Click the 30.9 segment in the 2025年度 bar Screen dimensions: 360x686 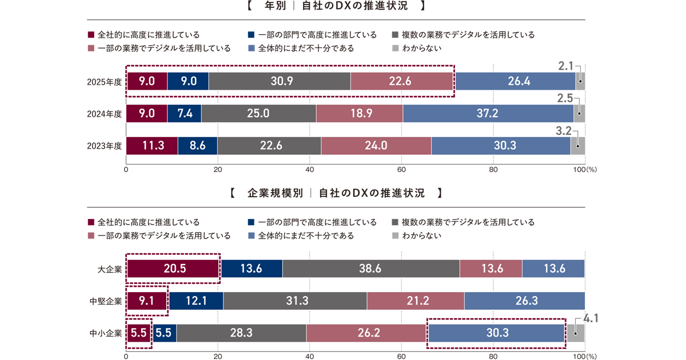pos(280,82)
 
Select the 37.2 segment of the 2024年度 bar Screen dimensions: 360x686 pos(488,114)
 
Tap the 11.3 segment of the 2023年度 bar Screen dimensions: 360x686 pos(152,146)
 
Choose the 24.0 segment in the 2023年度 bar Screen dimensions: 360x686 pos(376,146)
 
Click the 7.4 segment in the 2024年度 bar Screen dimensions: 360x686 pos(184,114)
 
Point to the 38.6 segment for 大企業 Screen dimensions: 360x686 pos(370,269)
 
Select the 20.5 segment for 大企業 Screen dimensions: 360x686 pos(174,269)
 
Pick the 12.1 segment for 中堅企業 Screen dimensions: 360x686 pos(196,301)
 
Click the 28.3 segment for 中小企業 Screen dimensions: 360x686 pos(241,333)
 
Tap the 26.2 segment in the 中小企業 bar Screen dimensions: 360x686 pos(366,333)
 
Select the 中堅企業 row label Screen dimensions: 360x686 pos(106,301)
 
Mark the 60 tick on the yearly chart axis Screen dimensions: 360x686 pos(401,170)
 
